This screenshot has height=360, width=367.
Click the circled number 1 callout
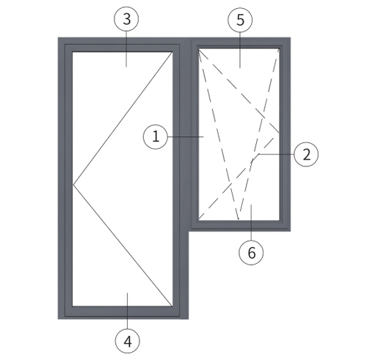[156, 136]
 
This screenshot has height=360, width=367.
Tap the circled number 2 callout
[306, 155]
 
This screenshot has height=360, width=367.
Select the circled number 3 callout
[126, 19]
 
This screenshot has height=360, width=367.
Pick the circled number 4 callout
[128, 341]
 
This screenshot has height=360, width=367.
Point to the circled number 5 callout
[240, 20]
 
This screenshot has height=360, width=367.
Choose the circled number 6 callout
[251, 252]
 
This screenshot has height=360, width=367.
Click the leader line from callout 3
[126, 49]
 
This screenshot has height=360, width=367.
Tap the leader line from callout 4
[128, 311]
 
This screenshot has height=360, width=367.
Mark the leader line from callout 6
[251, 223]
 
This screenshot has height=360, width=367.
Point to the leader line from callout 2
[276, 155]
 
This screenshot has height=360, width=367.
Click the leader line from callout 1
[186, 136]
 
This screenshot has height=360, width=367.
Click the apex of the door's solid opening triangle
[73, 185]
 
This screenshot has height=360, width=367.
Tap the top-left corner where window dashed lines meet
[199, 50]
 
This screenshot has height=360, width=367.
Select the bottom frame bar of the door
[123, 312]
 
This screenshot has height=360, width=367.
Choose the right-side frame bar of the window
[285, 134]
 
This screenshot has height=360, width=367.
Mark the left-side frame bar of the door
[65, 178]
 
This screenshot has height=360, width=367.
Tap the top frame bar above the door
[123, 45]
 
